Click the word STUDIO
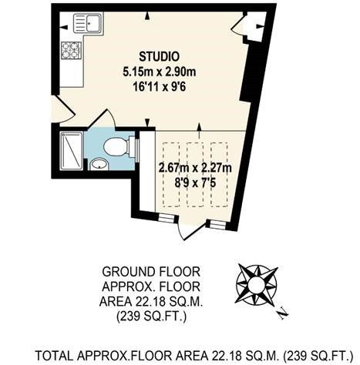(x=159, y=56)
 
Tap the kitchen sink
(x=88, y=23)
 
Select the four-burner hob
(x=72, y=50)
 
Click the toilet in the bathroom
(x=119, y=147)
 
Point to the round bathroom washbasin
(x=99, y=164)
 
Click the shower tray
(x=72, y=151)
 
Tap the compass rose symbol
(x=257, y=284)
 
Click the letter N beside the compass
(x=283, y=313)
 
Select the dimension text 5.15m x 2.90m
(x=160, y=72)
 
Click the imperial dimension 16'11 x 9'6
(x=160, y=88)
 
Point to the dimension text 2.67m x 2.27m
(x=195, y=168)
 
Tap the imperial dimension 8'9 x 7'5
(x=195, y=183)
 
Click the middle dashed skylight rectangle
(x=195, y=175)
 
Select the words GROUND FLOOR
(x=151, y=272)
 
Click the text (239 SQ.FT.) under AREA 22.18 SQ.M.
(x=151, y=316)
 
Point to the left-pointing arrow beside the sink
(x=64, y=26)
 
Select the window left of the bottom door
(x=166, y=218)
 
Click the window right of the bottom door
(x=218, y=224)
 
